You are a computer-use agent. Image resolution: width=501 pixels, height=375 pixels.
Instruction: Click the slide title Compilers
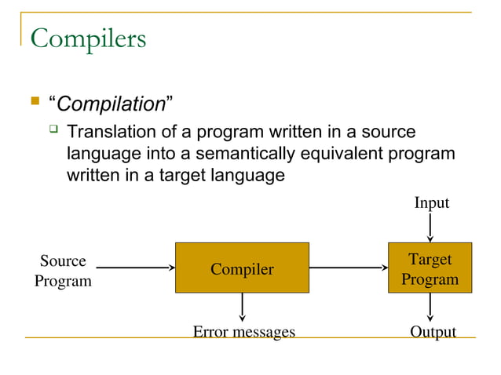[x=88, y=38]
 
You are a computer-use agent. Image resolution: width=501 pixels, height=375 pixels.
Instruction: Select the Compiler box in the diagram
[x=242, y=269]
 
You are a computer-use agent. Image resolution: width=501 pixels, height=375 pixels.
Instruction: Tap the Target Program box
[x=430, y=268]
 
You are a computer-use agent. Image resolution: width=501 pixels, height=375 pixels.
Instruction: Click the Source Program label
[x=63, y=271]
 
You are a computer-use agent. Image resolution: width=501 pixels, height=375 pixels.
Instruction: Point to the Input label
[x=431, y=203]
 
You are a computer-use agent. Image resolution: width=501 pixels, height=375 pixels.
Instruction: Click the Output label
[x=433, y=332]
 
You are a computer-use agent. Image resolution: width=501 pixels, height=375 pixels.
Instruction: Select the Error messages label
[x=244, y=332]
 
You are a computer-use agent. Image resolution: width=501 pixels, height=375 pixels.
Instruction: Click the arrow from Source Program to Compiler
[x=134, y=268]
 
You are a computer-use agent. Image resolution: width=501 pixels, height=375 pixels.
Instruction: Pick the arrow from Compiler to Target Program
[x=349, y=268]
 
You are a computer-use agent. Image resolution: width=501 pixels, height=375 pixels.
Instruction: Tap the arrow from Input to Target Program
[x=430, y=228]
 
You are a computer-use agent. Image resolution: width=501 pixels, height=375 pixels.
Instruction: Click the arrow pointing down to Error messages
[x=242, y=307]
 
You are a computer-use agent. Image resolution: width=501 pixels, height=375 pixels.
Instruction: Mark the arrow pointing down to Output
[x=430, y=307]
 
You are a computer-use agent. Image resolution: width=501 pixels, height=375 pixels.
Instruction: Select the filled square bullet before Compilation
[x=34, y=101]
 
